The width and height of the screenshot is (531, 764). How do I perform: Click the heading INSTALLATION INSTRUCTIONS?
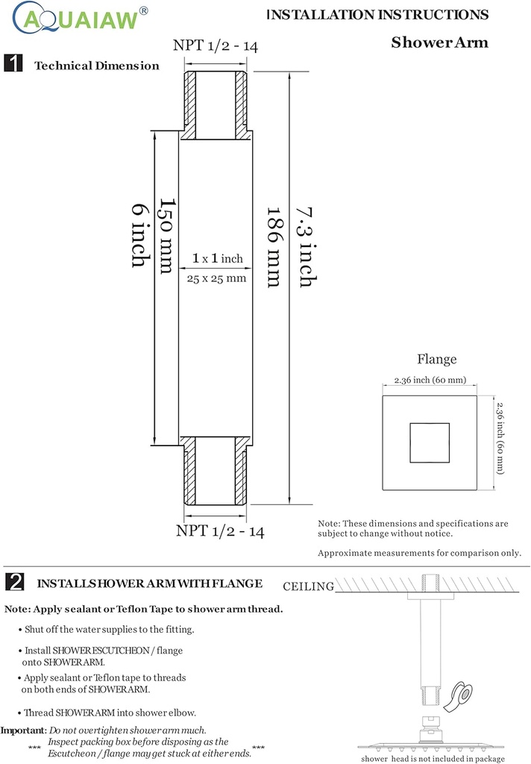coord(378,15)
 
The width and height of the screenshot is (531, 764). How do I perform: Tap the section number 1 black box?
coord(13,64)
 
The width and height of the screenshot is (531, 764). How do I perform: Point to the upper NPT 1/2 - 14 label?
coord(216,46)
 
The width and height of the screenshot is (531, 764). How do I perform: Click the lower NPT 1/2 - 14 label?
coord(220,531)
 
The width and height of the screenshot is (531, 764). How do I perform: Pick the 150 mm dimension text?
coord(166,236)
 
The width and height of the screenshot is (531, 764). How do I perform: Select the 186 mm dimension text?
coord(273,246)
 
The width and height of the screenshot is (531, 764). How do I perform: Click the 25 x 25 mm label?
coord(216,278)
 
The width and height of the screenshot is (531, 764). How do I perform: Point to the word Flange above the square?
coord(436,360)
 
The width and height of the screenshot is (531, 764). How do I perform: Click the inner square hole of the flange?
coord(430,442)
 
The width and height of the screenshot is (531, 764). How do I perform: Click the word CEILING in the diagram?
coord(309,586)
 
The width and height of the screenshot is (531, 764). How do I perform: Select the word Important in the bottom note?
coord(22,730)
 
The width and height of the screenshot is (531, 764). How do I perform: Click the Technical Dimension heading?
coord(97,66)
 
